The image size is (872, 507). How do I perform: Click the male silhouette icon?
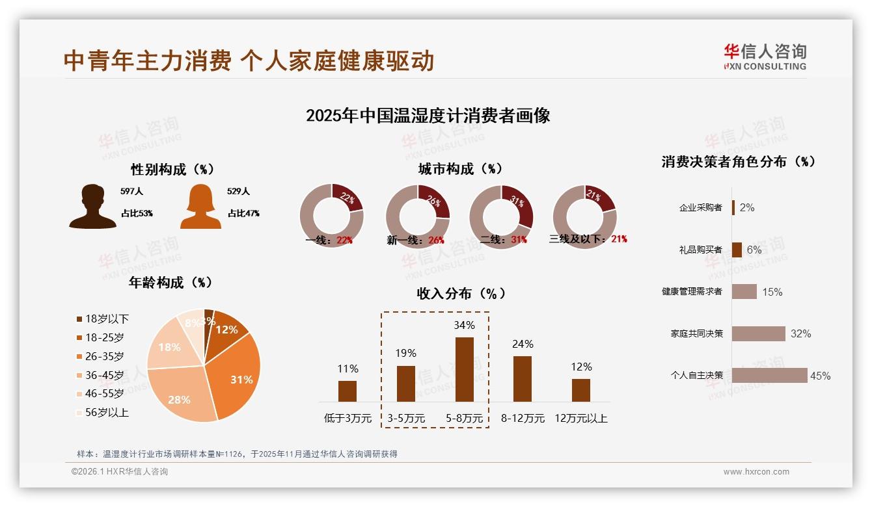pos(92,206)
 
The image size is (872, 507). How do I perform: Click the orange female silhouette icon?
pos(200,207)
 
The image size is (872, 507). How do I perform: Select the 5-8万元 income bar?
pos(464,369)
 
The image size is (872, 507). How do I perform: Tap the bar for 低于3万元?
pos(347,391)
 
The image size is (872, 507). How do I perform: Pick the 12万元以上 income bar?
pos(580,390)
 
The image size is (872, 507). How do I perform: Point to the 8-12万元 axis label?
pos(523,419)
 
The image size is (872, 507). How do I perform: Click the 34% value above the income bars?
pos(464,325)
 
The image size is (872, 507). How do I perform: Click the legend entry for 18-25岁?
pos(104,337)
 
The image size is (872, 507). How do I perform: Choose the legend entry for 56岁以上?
pos(107,412)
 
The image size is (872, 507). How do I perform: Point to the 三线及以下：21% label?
pos(588,239)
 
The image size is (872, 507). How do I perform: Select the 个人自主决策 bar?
pos(769,375)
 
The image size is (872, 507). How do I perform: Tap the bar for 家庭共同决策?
pos(758,333)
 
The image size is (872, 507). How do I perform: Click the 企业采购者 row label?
pos(700,208)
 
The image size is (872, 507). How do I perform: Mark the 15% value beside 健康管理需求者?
pos(772,292)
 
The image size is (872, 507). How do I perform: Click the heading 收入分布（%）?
pos(461,294)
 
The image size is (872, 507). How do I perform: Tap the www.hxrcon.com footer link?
pos(756,472)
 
